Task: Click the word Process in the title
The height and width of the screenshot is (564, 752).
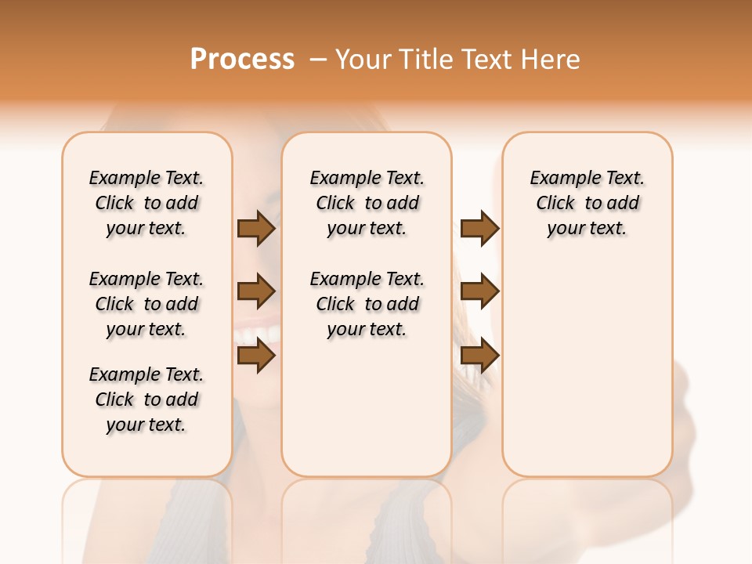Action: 242,60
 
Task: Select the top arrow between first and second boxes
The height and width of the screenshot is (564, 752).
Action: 256,229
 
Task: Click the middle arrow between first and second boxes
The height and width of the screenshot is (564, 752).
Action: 256,292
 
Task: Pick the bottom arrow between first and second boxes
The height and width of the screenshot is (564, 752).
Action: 256,356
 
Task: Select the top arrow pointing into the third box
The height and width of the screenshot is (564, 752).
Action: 479,229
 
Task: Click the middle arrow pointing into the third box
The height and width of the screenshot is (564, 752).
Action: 479,292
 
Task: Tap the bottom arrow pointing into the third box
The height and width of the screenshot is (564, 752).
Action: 479,356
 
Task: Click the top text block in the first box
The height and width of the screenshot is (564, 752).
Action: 146,203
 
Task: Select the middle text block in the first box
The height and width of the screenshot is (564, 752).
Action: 146,304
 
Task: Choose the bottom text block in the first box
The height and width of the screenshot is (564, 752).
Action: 146,399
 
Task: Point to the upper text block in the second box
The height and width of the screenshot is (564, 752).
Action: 367,203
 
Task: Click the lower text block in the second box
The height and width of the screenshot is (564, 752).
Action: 367,304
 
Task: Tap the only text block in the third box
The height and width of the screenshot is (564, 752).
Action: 587,203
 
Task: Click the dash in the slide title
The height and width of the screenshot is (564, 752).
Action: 318,60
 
